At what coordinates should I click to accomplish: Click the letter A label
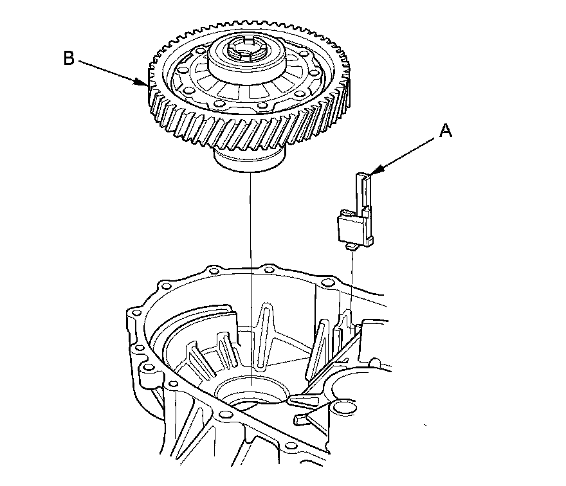point(446,131)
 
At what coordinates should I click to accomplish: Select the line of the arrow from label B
point(109,70)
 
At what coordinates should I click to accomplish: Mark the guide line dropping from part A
point(353,283)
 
